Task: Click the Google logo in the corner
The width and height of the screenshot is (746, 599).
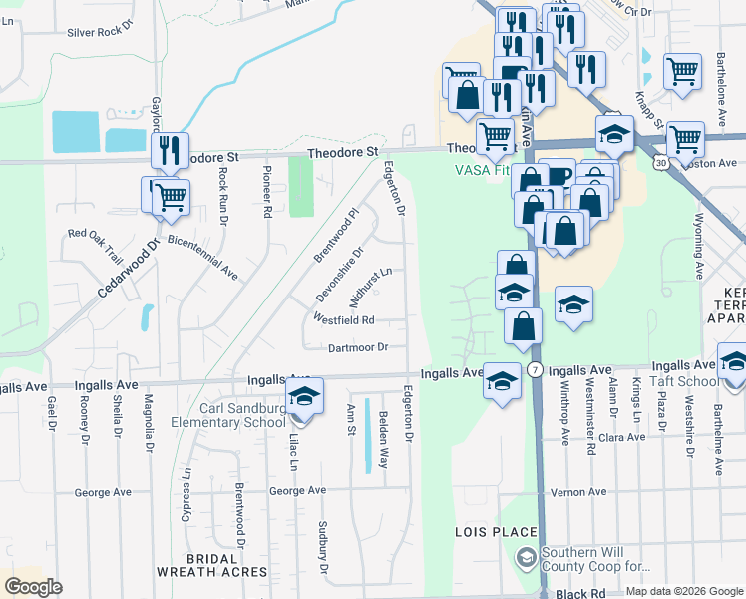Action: click(33, 587)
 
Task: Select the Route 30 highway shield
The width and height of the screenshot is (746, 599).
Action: click(661, 160)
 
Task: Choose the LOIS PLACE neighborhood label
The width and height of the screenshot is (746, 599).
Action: click(496, 532)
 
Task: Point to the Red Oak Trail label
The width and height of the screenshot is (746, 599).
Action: click(97, 234)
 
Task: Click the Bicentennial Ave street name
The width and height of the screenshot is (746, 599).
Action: click(202, 258)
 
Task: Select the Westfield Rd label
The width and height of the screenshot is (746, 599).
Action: click(344, 320)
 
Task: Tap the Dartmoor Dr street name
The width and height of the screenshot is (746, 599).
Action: click(357, 347)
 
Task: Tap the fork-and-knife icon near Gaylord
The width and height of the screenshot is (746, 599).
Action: click(170, 150)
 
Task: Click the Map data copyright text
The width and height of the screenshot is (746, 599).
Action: click(683, 591)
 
